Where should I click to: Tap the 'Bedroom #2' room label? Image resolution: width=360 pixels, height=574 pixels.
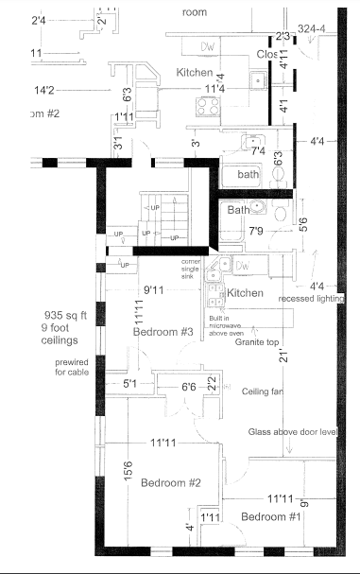[x=172, y=482]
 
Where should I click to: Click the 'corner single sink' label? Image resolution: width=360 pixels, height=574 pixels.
[x=196, y=266]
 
